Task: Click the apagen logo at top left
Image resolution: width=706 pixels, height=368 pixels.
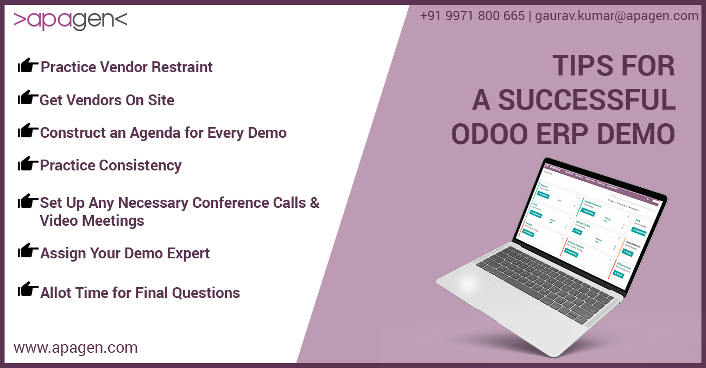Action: pyautogui.click(x=70, y=21)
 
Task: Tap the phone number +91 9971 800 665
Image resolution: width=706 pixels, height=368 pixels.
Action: pyautogui.click(x=472, y=16)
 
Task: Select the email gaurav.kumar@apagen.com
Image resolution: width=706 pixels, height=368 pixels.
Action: pyautogui.click(x=616, y=16)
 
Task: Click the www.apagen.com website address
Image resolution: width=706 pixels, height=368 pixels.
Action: pyautogui.click(x=75, y=347)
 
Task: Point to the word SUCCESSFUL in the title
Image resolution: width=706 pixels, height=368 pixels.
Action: pyautogui.click(x=587, y=100)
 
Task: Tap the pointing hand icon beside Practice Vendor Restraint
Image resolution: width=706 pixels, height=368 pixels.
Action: pyautogui.click(x=28, y=66)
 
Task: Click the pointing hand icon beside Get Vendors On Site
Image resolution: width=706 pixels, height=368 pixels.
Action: pyautogui.click(x=28, y=98)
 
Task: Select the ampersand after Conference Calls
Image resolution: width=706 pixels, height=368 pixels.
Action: pyautogui.click(x=314, y=203)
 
